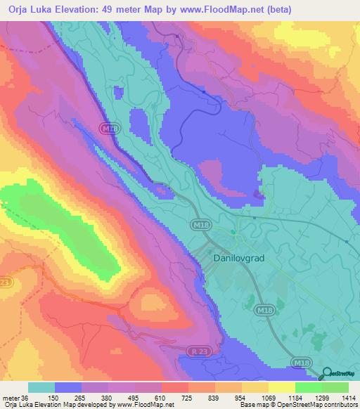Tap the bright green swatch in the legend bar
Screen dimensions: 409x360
tap(308, 387)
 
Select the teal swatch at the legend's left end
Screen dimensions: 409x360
tap(41, 387)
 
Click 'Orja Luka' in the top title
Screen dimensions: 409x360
tap(26, 9)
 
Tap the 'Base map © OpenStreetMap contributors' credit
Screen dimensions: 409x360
tap(298, 405)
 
